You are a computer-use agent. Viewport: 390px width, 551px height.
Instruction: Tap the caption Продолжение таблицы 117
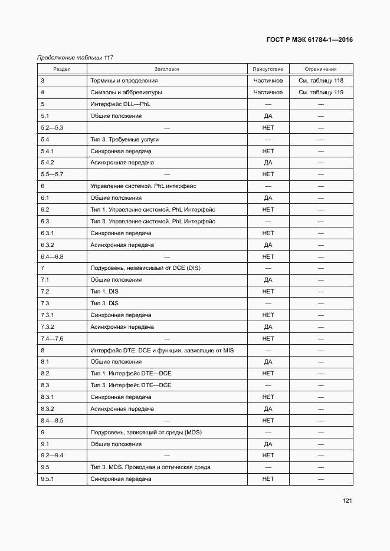tap(75, 58)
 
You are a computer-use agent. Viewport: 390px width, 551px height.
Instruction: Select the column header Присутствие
tap(268, 69)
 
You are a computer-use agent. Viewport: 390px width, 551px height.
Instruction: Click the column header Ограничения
tap(321, 69)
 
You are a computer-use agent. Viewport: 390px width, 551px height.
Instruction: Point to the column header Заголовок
tap(166, 69)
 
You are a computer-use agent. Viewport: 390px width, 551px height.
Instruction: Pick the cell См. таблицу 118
tap(321, 81)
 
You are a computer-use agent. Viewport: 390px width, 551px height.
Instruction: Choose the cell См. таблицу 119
tap(321, 93)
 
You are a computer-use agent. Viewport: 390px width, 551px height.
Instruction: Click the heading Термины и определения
tap(123, 81)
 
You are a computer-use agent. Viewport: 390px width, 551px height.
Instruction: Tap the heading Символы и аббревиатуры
tap(126, 93)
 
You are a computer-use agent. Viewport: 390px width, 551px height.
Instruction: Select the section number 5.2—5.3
tap(52, 128)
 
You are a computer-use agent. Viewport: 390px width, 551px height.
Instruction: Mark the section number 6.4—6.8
tap(52, 256)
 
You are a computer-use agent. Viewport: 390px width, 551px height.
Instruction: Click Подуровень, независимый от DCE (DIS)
tap(145, 268)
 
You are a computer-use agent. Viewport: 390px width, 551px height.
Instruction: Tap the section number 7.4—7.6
tap(52, 338)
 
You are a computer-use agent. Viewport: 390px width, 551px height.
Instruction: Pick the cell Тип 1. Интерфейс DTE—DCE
tap(130, 374)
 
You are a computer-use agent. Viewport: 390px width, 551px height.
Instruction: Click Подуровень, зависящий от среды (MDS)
tap(146, 432)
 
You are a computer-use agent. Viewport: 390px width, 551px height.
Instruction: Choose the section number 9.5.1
tap(47, 479)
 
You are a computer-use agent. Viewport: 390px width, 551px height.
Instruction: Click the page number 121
tap(347, 501)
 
